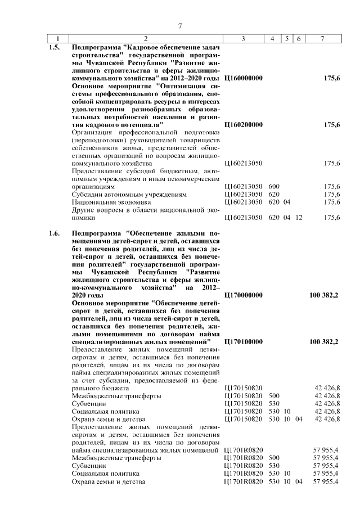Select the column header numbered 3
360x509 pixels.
[242, 38]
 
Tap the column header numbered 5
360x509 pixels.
[287, 38]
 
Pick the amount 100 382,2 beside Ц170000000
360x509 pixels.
[324, 295]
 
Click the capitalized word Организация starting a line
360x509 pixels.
[93, 132]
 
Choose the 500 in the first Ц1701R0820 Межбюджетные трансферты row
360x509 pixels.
[274, 458]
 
